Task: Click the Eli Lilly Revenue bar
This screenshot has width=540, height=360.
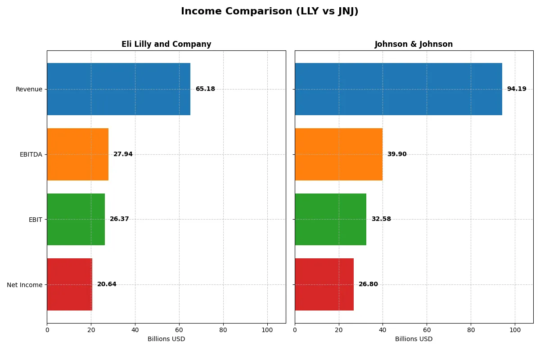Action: point(118,89)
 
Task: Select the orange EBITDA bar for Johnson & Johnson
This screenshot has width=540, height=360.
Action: point(338,154)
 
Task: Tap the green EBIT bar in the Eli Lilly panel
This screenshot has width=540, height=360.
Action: point(76,219)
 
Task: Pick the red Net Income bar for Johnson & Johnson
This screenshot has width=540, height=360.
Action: point(324,284)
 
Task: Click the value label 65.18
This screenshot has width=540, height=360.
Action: point(205,89)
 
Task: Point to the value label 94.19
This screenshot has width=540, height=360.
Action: point(516,89)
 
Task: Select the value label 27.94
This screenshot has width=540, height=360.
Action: point(123,154)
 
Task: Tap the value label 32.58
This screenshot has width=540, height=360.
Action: point(381,219)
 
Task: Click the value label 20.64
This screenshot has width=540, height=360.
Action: point(107,284)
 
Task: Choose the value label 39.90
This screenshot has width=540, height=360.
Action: point(396,154)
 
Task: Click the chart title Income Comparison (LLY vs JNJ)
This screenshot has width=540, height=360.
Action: point(270,12)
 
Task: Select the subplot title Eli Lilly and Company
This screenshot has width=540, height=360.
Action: point(166,44)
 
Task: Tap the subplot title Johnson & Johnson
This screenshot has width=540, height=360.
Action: point(414,44)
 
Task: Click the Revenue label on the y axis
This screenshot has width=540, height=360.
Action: point(29,89)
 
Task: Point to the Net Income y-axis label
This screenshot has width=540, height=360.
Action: point(25,285)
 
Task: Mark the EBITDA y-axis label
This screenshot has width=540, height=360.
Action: point(31,154)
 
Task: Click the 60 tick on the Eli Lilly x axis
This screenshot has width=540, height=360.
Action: point(179,330)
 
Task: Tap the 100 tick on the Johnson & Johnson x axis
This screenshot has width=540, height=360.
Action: point(515,330)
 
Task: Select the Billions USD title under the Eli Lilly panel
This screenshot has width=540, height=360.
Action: point(166,339)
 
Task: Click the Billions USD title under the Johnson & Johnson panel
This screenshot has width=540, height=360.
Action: point(414,339)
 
